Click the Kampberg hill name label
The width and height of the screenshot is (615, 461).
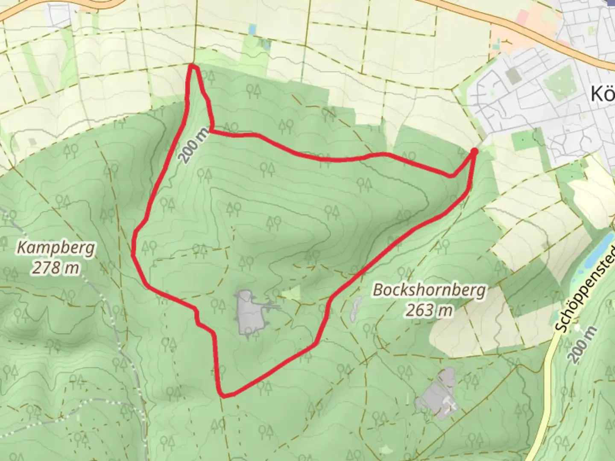(x=56, y=248)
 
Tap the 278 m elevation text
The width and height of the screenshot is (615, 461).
(x=56, y=268)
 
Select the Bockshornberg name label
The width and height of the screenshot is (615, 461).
(x=429, y=290)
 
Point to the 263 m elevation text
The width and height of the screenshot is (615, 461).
(x=429, y=310)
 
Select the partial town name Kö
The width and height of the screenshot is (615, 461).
(x=602, y=94)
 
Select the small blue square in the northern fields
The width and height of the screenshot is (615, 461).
(x=253, y=29)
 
